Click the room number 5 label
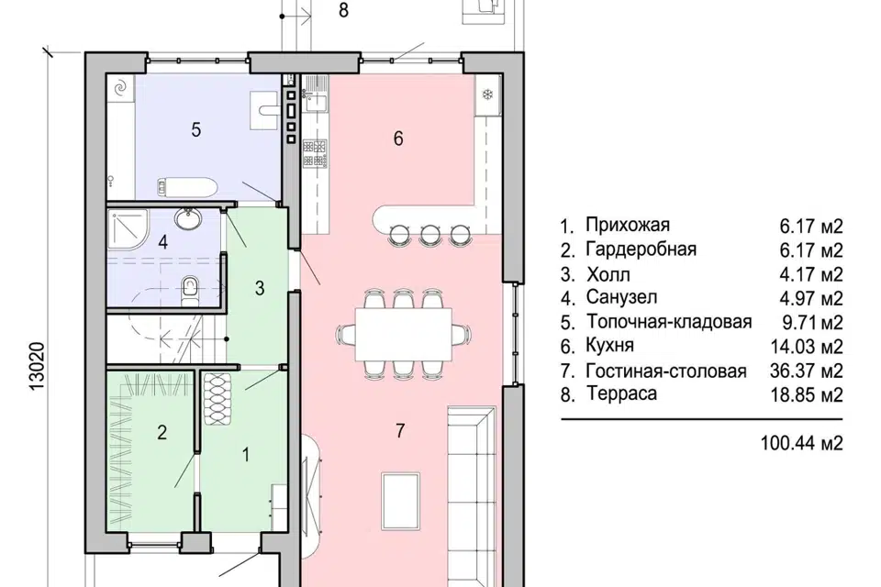pyautogui.click(x=195, y=129)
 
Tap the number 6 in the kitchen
pyautogui.click(x=397, y=138)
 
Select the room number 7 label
pyautogui.click(x=400, y=433)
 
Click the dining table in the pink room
pyautogui.click(x=404, y=334)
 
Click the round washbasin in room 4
pyautogui.click(x=189, y=220)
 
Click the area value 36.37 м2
pyautogui.click(x=807, y=371)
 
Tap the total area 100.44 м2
pyautogui.click(x=801, y=443)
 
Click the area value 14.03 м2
pyautogui.click(x=807, y=347)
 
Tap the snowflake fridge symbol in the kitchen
pyautogui.click(x=487, y=95)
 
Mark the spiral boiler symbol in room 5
pyautogui.click(x=120, y=88)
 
